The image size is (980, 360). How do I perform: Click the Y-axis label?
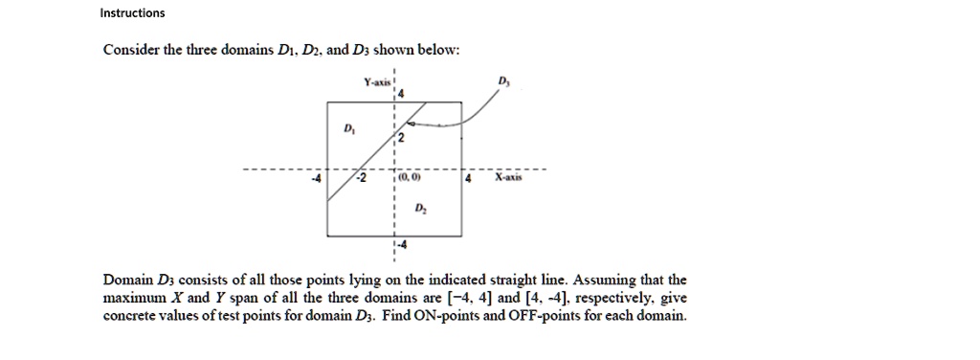377,84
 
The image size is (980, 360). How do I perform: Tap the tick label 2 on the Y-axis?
401,141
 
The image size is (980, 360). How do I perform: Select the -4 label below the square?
402,245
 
